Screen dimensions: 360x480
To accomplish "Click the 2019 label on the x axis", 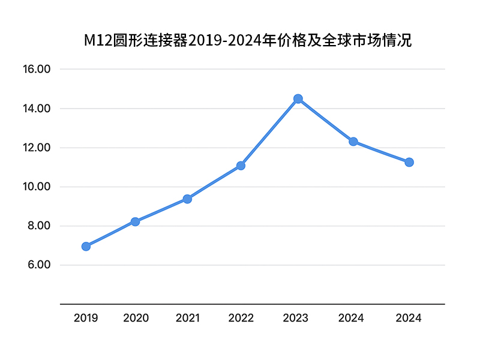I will (x=86, y=318).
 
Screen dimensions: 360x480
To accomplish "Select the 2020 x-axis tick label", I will (x=136, y=318).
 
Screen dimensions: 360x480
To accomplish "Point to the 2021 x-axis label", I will (x=187, y=318).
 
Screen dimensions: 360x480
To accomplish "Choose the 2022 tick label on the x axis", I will (x=241, y=318).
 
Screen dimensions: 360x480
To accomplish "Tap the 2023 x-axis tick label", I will (x=295, y=318).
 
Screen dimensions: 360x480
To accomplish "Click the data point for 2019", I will (x=86, y=246).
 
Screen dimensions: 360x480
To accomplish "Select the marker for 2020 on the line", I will (x=135, y=221).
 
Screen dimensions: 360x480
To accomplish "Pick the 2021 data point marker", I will (x=187, y=199).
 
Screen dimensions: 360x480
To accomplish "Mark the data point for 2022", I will (x=241, y=166).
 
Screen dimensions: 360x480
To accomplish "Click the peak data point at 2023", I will (x=298, y=98).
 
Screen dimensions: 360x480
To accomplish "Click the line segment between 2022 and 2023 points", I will (x=269, y=132).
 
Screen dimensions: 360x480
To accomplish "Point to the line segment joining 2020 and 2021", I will (x=161, y=210).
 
